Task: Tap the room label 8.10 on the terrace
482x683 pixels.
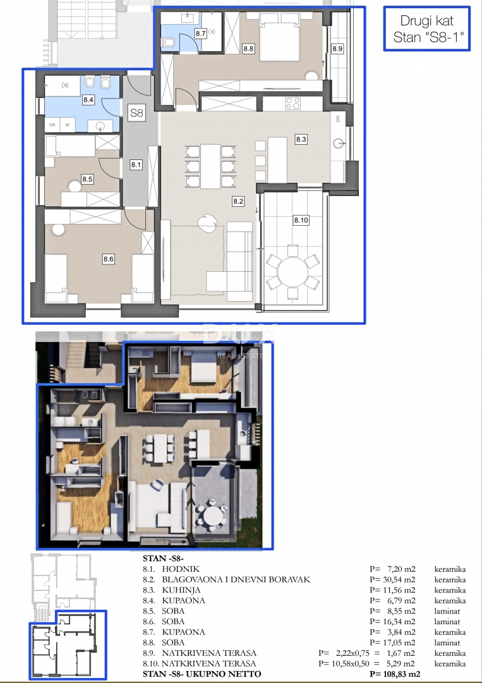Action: click(x=301, y=220)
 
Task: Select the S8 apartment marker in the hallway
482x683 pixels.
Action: click(x=136, y=114)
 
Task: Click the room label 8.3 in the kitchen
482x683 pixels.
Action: click(x=301, y=139)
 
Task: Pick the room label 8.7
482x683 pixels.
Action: click(x=201, y=34)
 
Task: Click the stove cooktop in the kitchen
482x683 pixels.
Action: click(x=292, y=102)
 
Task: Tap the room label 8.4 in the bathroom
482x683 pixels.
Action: click(x=88, y=100)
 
